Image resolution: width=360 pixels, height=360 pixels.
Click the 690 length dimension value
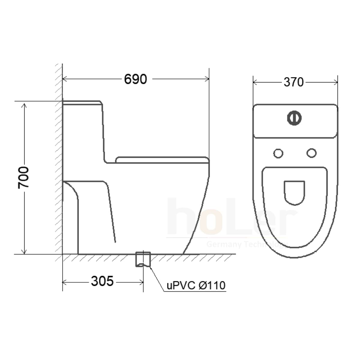(135, 79)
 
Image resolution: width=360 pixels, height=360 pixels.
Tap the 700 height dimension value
(23, 178)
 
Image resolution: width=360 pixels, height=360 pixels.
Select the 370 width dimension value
(294, 82)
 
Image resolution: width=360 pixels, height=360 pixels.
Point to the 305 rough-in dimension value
(102, 281)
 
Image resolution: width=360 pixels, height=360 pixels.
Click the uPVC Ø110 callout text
(196, 286)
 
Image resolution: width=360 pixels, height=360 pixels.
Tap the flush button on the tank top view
(294, 118)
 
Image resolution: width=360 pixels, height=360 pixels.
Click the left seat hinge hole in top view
(278, 153)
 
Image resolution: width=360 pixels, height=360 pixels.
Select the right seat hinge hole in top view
(311, 153)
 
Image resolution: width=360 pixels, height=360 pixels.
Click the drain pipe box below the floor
(143, 259)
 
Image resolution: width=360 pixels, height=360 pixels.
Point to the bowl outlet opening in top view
(294, 193)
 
